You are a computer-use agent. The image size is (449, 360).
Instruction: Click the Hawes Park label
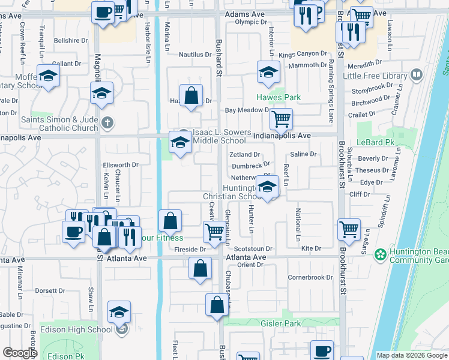279,97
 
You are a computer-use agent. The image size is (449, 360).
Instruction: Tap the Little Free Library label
375,76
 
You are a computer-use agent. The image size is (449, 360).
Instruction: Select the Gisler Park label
280,323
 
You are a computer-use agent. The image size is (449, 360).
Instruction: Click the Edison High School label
76,329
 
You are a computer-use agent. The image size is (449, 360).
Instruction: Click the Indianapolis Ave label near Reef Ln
282,136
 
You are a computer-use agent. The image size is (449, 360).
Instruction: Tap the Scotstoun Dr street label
253,248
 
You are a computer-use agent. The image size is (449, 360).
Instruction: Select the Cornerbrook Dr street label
310,277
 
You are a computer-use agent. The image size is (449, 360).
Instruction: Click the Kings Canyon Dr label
303,55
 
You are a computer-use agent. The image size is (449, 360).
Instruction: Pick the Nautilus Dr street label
196,55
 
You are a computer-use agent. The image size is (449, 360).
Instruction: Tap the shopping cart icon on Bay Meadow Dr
281,119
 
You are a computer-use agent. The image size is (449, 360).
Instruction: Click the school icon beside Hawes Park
268,72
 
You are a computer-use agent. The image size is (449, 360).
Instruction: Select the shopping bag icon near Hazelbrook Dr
190,96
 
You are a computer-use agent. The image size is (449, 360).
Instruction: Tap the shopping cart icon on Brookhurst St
349,229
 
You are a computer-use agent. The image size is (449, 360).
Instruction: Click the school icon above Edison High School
119,313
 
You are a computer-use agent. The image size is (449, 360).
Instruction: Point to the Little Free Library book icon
417,76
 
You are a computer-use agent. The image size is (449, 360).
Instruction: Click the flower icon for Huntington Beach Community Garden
381,255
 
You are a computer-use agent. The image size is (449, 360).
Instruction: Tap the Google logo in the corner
20,353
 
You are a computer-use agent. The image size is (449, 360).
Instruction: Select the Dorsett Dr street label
49,290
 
